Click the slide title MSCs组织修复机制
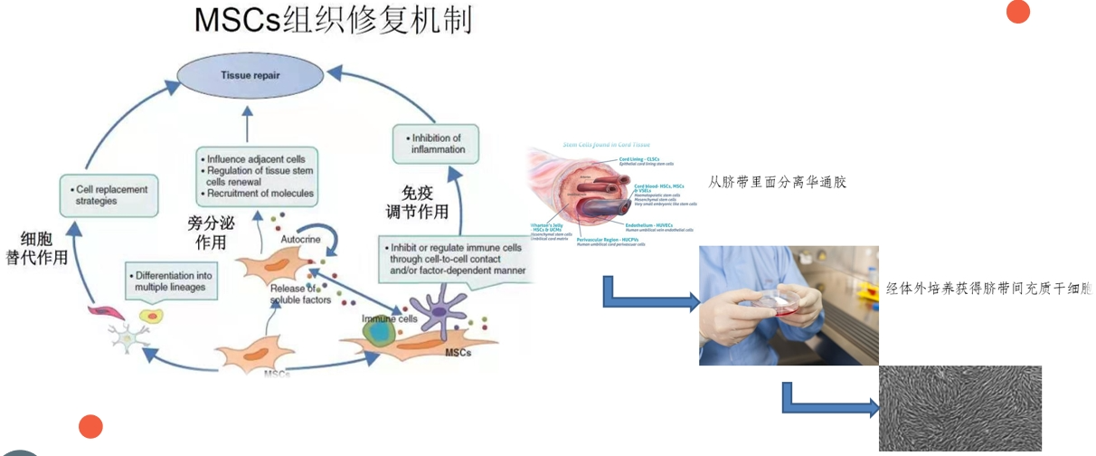point(333,21)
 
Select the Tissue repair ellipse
point(249,76)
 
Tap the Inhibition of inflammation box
point(435,144)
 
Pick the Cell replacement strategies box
point(104,195)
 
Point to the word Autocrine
point(298,240)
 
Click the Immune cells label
point(389,319)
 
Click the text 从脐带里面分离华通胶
point(777,183)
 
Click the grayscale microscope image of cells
point(959,408)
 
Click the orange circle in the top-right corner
point(1018,11)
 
